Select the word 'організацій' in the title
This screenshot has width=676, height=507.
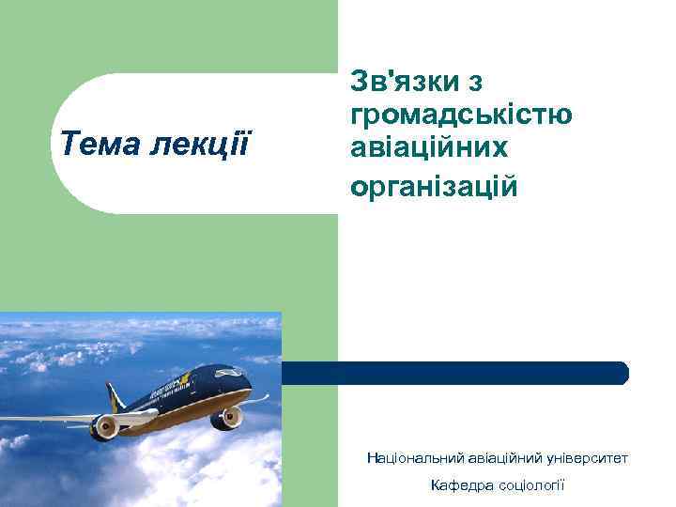click(434, 185)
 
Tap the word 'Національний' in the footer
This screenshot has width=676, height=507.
click(412, 458)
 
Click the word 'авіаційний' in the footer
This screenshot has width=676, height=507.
click(499, 458)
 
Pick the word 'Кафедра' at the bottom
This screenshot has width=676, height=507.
click(457, 485)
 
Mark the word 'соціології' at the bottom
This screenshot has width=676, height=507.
click(533, 485)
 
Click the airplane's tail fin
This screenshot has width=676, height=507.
click(115, 398)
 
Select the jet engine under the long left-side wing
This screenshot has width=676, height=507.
click(104, 428)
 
